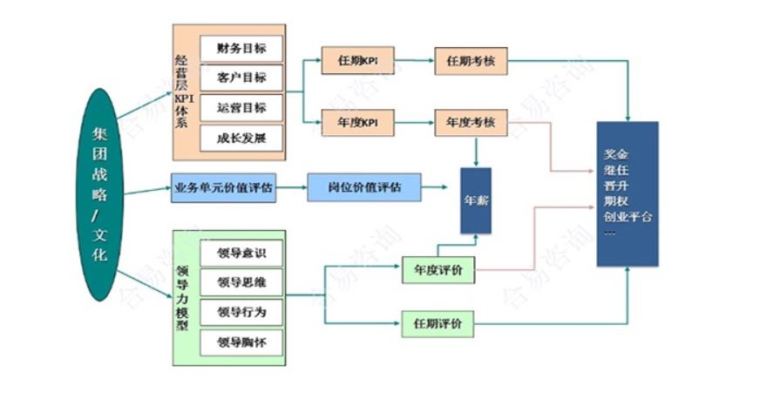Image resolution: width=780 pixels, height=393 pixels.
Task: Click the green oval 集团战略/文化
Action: [x=101, y=193]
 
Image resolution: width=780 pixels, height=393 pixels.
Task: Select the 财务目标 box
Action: [x=241, y=48]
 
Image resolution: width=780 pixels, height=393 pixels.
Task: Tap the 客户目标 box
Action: [x=241, y=78]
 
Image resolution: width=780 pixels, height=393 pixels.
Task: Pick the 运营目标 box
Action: [x=241, y=108]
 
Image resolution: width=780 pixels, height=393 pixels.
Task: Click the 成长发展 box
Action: [x=241, y=139]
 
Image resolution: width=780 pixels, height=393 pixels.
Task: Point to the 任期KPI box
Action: [x=357, y=62]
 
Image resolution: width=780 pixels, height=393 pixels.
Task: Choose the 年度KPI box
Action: [x=357, y=123]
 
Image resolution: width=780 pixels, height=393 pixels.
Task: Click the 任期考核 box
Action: [x=471, y=62]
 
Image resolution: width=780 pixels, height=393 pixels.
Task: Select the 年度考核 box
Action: [x=471, y=123]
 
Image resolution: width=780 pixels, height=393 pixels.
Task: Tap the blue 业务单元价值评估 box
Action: [x=223, y=188]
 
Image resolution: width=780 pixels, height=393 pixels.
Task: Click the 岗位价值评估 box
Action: [x=364, y=187]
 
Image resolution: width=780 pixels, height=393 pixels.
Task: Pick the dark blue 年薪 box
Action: [x=476, y=200]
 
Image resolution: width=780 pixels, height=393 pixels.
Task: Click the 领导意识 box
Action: [x=241, y=253]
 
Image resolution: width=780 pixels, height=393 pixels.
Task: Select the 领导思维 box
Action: [x=241, y=282]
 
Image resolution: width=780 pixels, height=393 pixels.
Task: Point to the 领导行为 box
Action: [x=241, y=312]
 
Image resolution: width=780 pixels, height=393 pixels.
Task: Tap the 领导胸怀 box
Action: [x=241, y=342]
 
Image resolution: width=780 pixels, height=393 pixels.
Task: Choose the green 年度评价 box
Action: [x=438, y=270]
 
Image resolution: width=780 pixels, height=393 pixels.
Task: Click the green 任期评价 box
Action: [x=438, y=324]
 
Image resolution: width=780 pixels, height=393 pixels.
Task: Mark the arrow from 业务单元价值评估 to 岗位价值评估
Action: [x=292, y=188]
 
